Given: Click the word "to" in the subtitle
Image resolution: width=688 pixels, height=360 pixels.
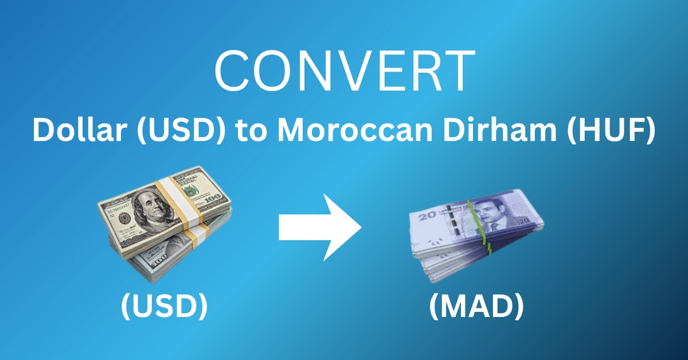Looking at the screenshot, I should pyautogui.click(x=253, y=131).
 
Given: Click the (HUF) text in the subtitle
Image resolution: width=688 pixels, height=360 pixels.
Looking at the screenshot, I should pyautogui.click(x=620, y=131).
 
